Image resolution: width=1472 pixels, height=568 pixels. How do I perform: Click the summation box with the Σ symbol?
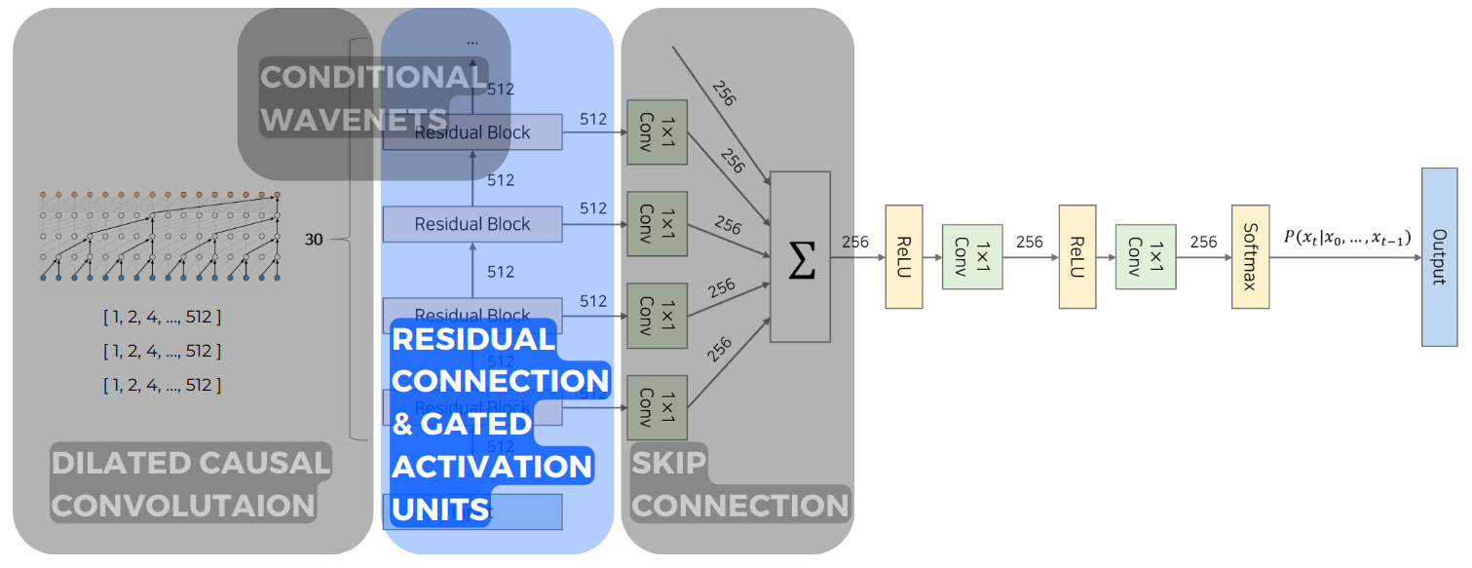click(x=800, y=257)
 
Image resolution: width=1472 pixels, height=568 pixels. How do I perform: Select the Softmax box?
click(x=1250, y=257)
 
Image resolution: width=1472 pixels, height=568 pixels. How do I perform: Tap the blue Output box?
click(x=1439, y=257)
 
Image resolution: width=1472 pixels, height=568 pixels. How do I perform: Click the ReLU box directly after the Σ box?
click(x=903, y=257)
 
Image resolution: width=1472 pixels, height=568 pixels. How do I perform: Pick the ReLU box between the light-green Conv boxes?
click(x=1076, y=257)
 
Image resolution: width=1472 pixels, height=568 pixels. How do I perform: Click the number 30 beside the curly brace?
click(x=314, y=239)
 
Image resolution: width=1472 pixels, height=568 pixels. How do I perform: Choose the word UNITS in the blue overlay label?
click(x=439, y=509)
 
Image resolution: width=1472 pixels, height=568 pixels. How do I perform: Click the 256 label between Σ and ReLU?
click(x=855, y=243)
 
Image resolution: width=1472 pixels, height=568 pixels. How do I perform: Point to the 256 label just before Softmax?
click(x=1203, y=242)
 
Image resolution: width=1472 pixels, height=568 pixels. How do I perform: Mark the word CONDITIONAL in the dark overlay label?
click(x=372, y=77)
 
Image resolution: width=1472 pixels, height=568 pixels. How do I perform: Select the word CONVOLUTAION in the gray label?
click(x=183, y=506)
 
